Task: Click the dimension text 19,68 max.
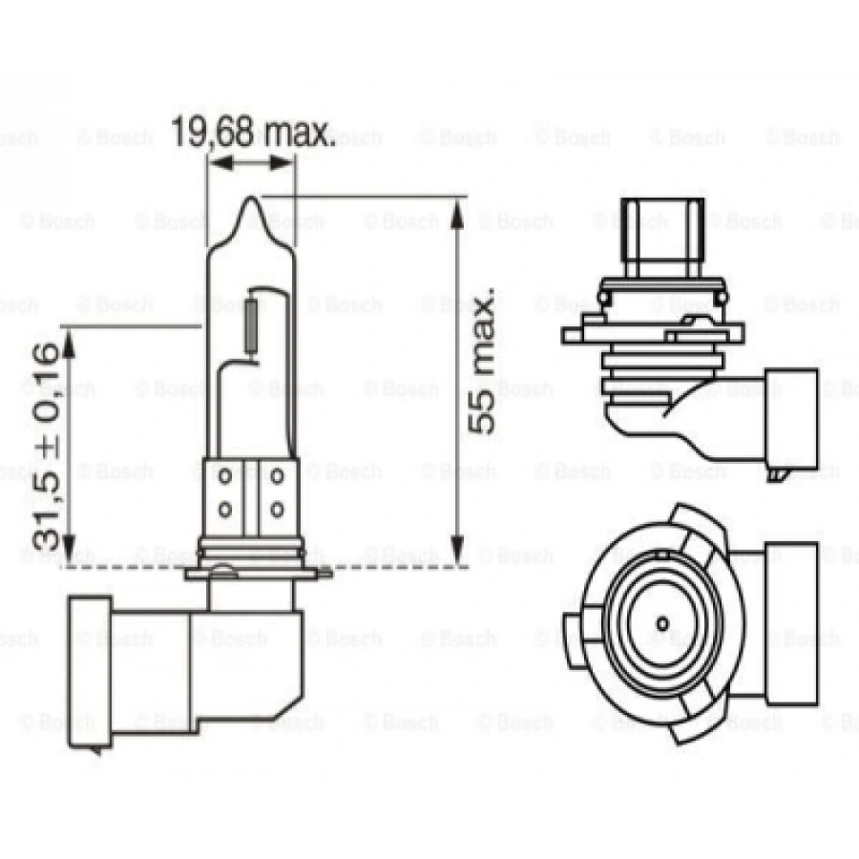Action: pos(253,133)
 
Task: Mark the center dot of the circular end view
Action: pos(661,623)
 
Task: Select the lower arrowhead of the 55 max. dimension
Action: pos(458,551)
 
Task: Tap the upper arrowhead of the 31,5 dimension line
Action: pos(70,339)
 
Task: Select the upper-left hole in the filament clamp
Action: pos(227,474)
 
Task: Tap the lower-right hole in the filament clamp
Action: pos(277,506)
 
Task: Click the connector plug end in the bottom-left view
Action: pos(92,667)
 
